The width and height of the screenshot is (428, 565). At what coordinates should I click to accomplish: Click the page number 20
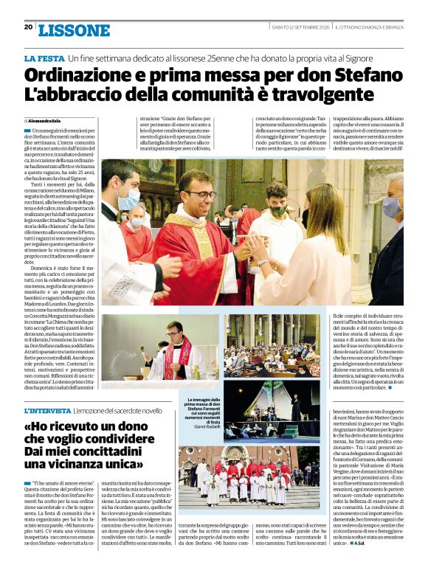tap(28, 27)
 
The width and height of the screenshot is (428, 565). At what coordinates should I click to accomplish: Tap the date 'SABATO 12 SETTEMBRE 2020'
tap(300, 27)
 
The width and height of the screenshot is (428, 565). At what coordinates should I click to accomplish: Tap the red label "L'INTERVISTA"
tap(48, 410)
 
